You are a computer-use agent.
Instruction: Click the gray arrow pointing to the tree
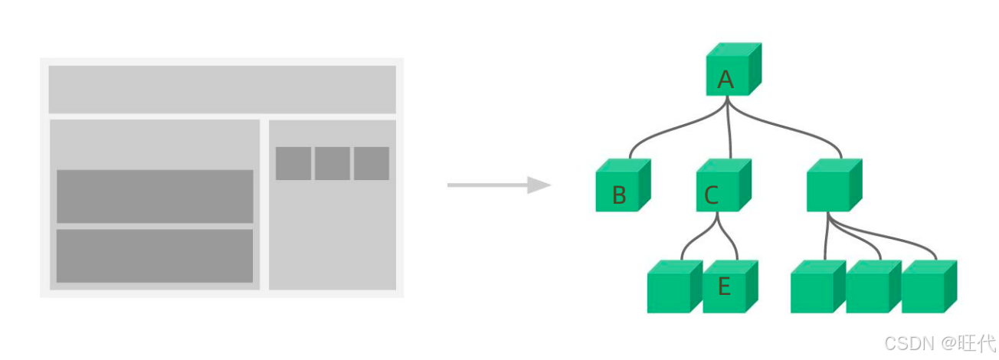(499, 185)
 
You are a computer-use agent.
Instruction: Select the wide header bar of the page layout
(222, 90)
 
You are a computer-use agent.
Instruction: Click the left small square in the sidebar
(293, 163)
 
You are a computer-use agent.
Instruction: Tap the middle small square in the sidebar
(332, 163)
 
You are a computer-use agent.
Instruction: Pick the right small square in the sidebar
(372, 163)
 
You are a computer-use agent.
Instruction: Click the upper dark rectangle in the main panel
(155, 196)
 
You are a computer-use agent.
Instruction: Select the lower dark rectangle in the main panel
(155, 256)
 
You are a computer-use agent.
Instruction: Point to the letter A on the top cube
(726, 80)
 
